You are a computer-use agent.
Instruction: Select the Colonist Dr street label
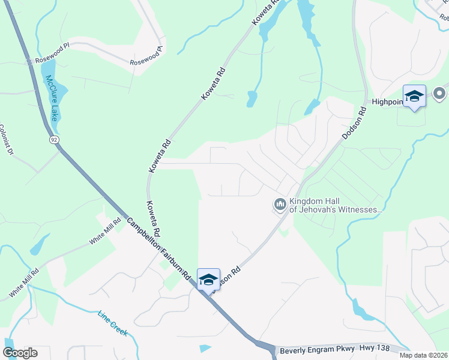tap(6, 140)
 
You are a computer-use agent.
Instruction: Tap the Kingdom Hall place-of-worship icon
tap(280, 205)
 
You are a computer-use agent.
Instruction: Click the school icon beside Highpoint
tap(414, 96)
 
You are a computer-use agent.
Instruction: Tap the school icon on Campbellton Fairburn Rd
tap(208, 279)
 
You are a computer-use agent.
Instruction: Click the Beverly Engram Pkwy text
tap(316, 349)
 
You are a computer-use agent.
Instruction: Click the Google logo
tap(20, 353)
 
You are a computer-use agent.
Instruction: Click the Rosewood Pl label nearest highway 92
tap(53, 60)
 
